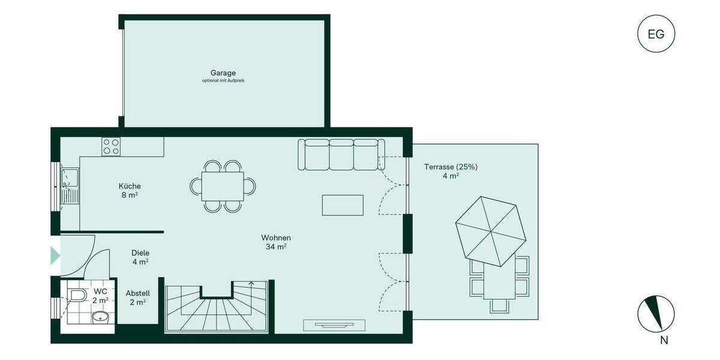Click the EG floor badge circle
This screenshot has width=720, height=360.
pyautogui.click(x=656, y=34)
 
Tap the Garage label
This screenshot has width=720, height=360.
pyautogui.click(x=223, y=73)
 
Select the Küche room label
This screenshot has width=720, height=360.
pyautogui.click(x=130, y=186)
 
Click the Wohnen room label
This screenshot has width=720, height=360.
pyautogui.click(x=276, y=238)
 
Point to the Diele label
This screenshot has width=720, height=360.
pyautogui.click(x=140, y=253)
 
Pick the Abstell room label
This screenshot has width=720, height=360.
pyautogui.click(x=137, y=293)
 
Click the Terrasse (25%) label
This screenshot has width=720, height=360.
pyautogui.click(x=451, y=167)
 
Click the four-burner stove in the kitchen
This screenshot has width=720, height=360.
pyautogui.click(x=111, y=147)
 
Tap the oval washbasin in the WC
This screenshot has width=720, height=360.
pyautogui.click(x=100, y=317)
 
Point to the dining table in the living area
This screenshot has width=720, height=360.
pyautogui.click(x=223, y=185)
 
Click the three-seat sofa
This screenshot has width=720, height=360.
pyautogui.click(x=341, y=154)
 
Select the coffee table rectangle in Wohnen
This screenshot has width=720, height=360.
pyautogui.click(x=343, y=205)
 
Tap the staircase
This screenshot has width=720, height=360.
pyautogui.click(x=218, y=307)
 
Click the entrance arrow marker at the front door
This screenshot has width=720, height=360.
pyautogui.click(x=55, y=256)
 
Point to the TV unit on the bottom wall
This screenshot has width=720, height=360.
pyautogui.click(x=334, y=325)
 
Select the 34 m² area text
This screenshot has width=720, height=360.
pyautogui.click(x=276, y=247)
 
